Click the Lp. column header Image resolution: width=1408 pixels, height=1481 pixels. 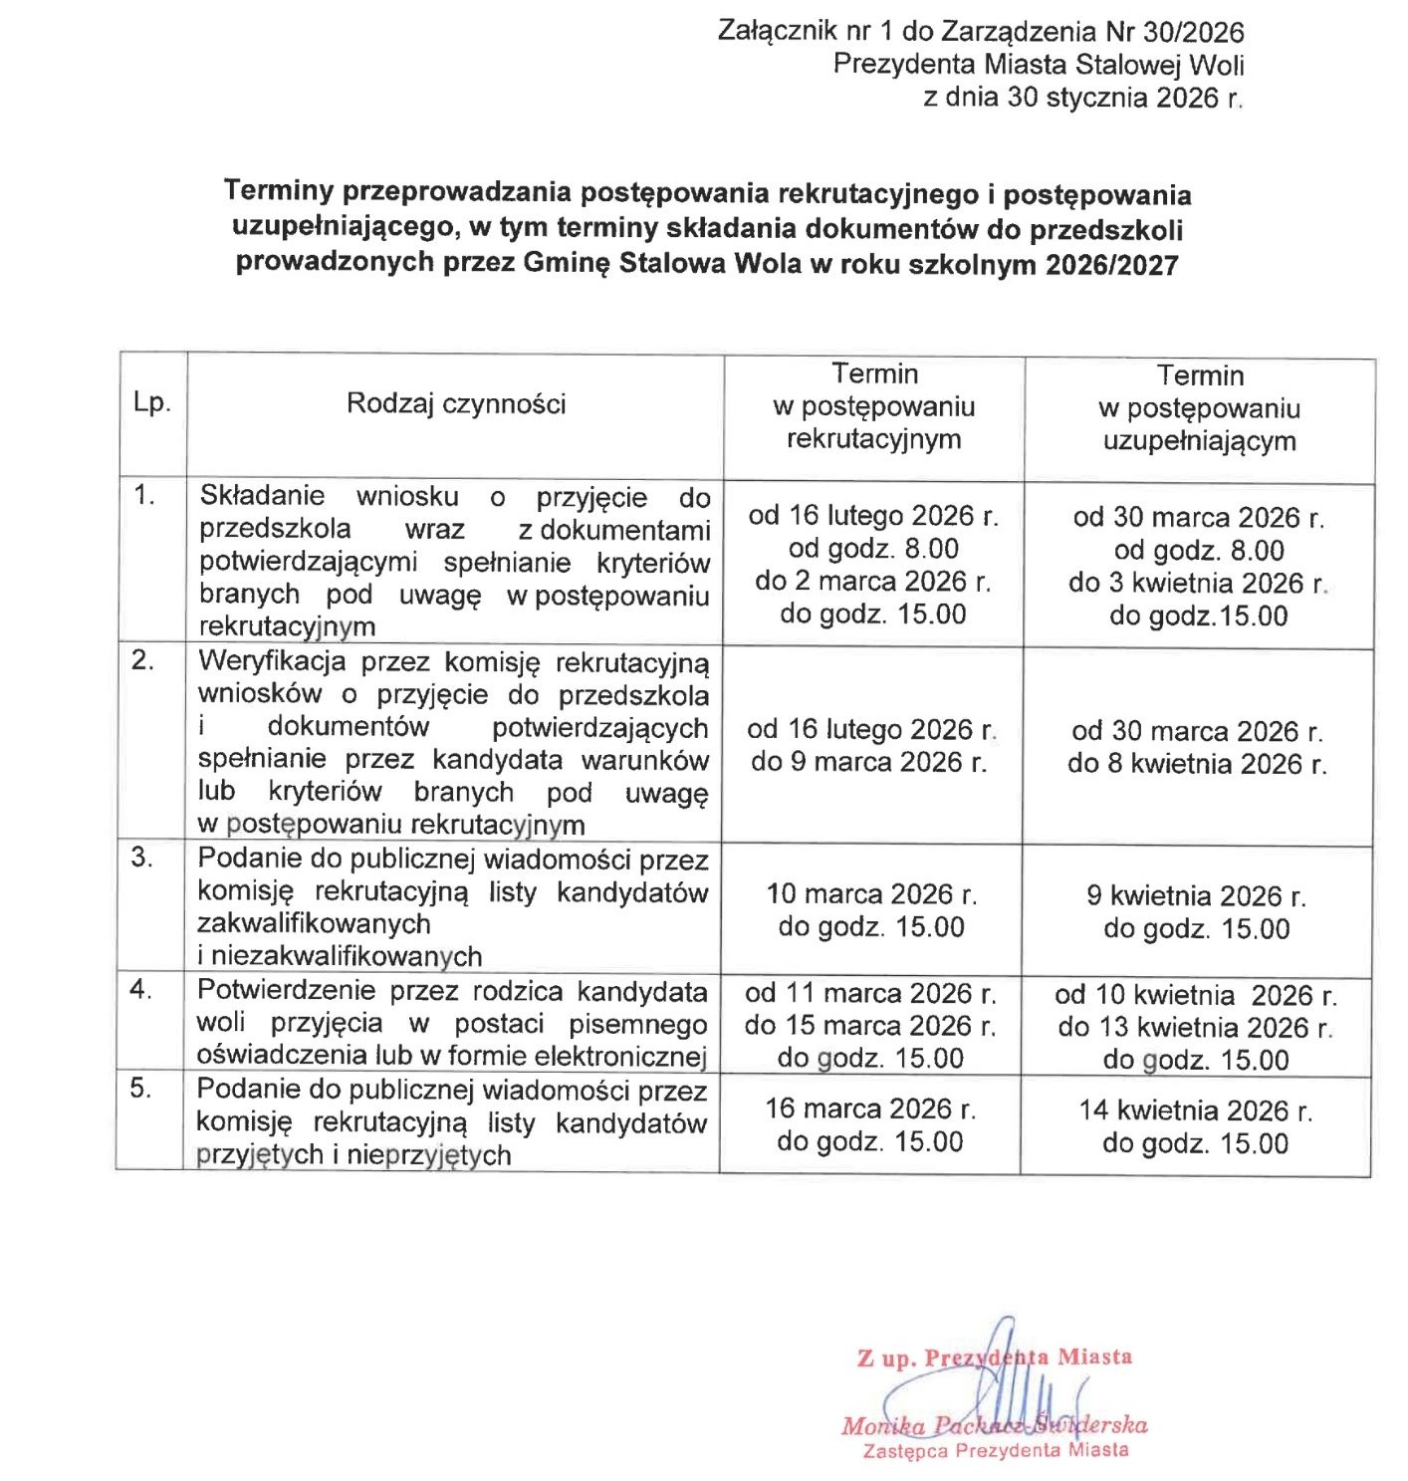click(x=152, y=402)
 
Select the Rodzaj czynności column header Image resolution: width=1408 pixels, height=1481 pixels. click(x=456, y=403)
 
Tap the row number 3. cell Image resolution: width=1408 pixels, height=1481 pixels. click(x=142, y=858)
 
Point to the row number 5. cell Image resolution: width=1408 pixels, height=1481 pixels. click(x=141, y=1088)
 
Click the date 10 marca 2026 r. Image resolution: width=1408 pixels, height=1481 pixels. click(x=871, y=894)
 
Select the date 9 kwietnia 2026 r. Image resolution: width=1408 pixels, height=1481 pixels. click(x=1196, y=896)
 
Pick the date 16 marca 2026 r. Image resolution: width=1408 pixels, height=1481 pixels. click(x=870, y=1109)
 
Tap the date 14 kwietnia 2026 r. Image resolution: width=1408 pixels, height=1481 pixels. click(x=1196, y=1111)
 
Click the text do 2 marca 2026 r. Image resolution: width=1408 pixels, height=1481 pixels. click(x=873, y=581)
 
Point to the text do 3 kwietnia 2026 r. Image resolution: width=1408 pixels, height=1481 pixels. click(x=1198, y=583)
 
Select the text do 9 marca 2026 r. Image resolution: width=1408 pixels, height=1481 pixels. click(x=869, y=762)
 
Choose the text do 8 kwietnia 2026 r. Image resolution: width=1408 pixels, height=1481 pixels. click(x=1197, y=764)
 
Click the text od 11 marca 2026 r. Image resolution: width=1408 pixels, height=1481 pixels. click(x=870, y=993)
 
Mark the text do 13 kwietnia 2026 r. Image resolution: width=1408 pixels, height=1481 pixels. click(x=1195, y=1027)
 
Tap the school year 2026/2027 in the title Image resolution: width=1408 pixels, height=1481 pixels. click(x=1111, y=265)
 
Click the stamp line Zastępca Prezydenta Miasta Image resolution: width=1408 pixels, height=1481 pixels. click(x=996, y=1450)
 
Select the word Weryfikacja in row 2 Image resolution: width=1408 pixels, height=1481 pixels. click(x=272, y=661)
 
